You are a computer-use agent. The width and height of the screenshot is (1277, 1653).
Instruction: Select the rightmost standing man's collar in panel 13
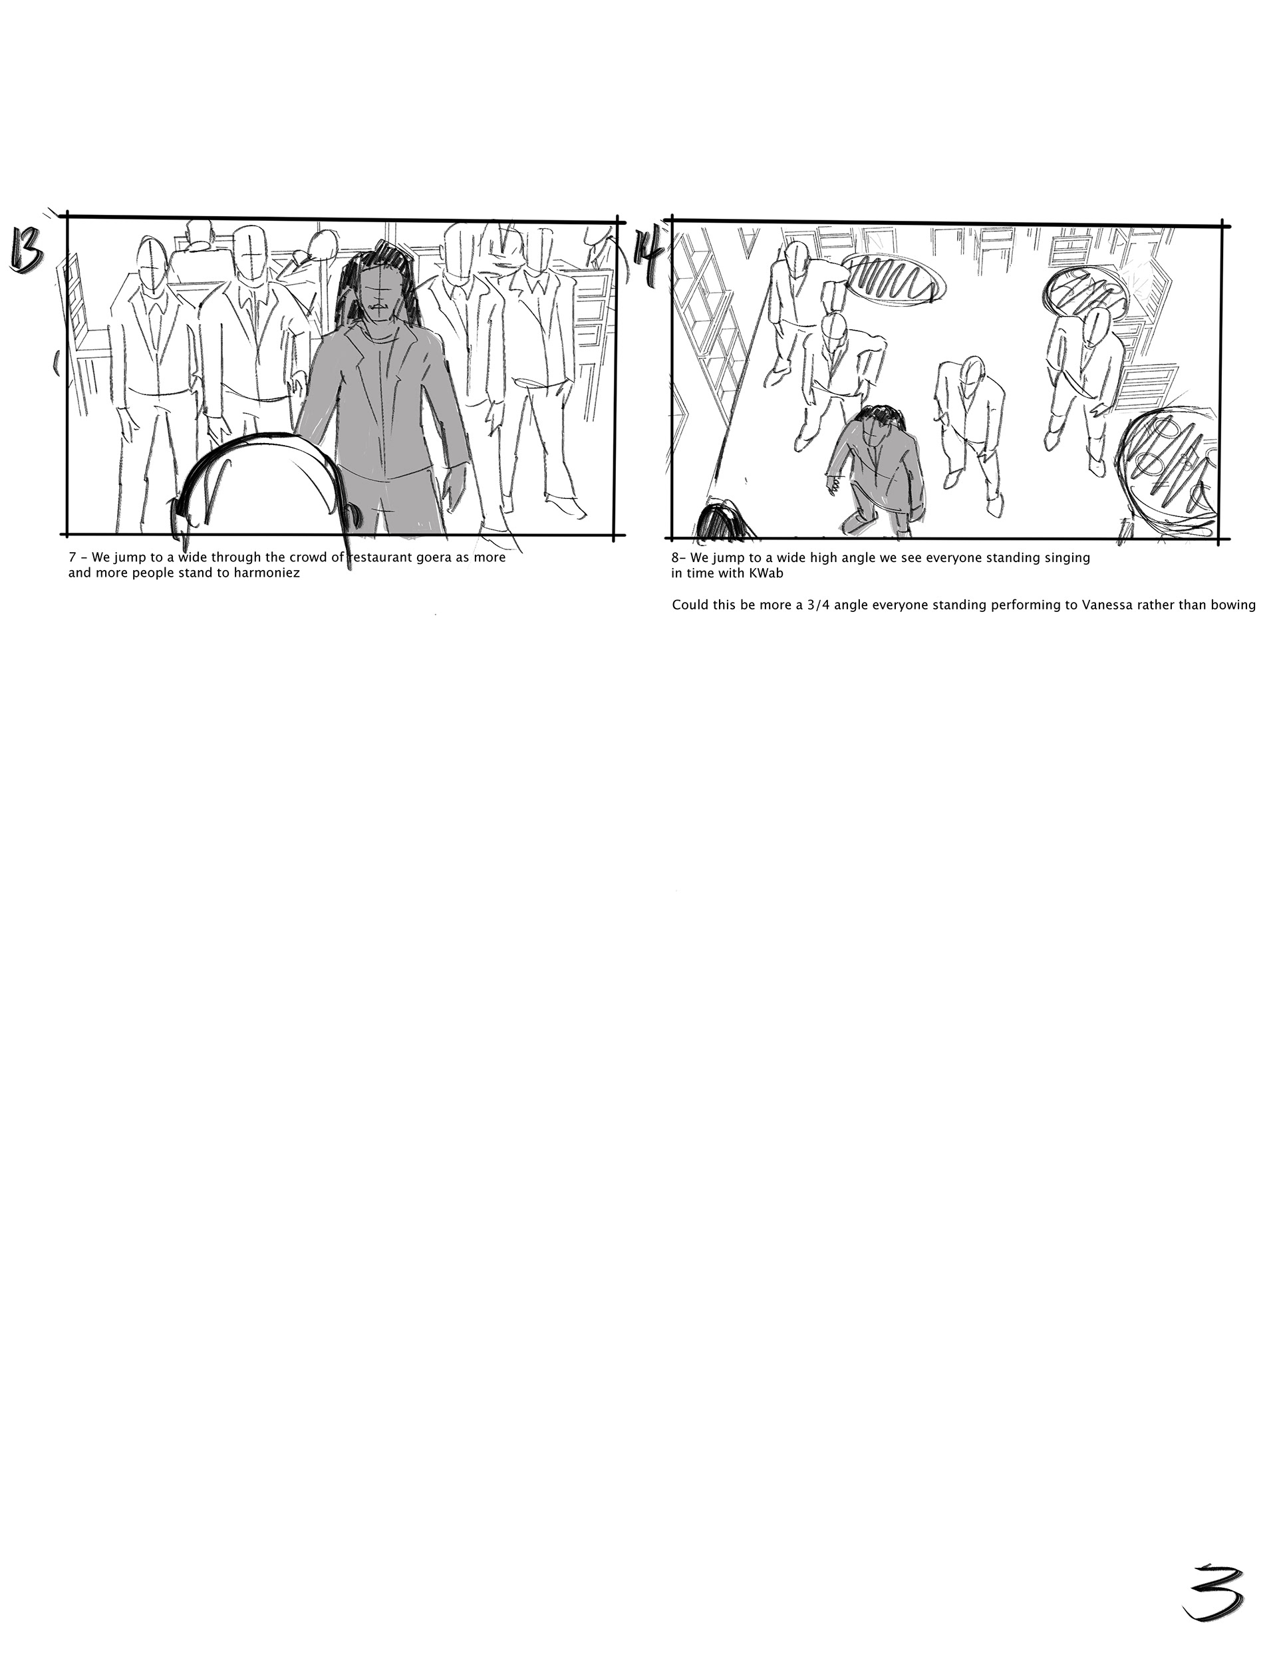538,287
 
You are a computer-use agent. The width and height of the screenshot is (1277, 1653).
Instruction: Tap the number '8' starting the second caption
675,559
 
